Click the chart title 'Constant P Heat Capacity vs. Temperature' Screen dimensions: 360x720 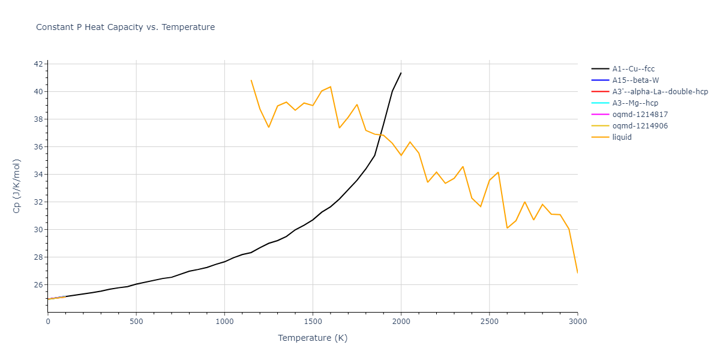tap(125, 27)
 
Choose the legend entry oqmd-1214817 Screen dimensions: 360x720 tap(640, 115)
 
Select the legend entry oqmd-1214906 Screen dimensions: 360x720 tap(640, 126)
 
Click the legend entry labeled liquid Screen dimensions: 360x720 tap(622, 137)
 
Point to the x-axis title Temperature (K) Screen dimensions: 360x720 tap(313, 338)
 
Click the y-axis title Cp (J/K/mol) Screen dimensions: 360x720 tap(17, 186)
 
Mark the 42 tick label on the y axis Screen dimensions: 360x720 tap(37, 64)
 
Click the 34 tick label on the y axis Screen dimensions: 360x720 tap(37, 175)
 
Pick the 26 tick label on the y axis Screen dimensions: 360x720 tap(37, 285)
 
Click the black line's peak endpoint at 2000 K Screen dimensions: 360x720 tap(401, 73)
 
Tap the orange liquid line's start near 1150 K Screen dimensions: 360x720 tap(251, 80)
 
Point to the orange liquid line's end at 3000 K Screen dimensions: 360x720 tap(577, 273)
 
